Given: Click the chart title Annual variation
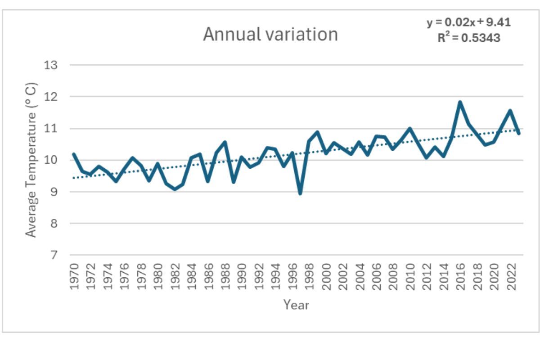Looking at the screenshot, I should click(270, 34).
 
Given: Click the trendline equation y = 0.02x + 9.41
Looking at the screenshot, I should click(468, 22).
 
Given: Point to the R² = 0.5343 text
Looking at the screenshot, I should click(468, 38).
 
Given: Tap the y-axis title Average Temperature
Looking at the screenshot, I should click(31, 160).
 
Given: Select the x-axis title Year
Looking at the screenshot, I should click(296, 305).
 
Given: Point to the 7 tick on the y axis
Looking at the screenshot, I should click(54, 255).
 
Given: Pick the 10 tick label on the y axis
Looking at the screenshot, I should click(51, 160).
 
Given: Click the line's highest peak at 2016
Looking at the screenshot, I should click(460, 102).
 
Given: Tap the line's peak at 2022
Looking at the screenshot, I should click(510, 110).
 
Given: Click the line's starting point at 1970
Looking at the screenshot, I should click(74, 154).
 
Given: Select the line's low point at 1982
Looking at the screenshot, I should click(175, 189).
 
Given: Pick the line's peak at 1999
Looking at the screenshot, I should click(317, 132).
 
